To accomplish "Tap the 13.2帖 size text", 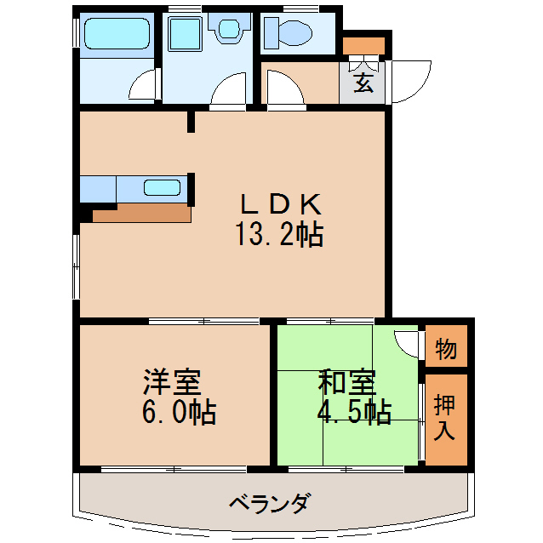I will point(279,234).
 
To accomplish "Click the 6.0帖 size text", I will point(178,413).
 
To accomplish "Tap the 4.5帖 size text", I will point(354,413).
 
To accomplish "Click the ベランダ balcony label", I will point(269,502).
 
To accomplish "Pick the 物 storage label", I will point(446,348).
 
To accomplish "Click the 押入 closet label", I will point(445,416).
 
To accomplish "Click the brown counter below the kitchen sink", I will point(140,213).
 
